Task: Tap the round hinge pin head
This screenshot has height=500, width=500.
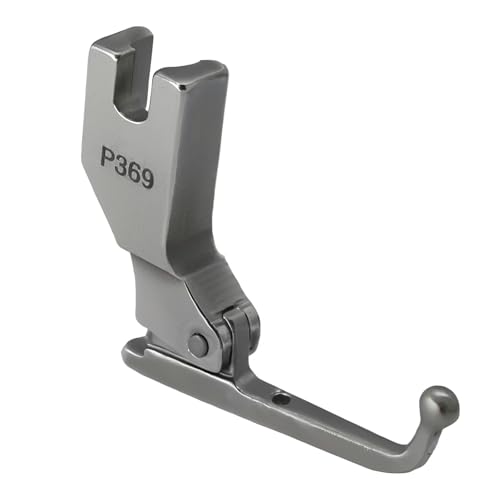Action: [x=198, y=345]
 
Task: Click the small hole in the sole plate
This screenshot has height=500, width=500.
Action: [x=283, y=397]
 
